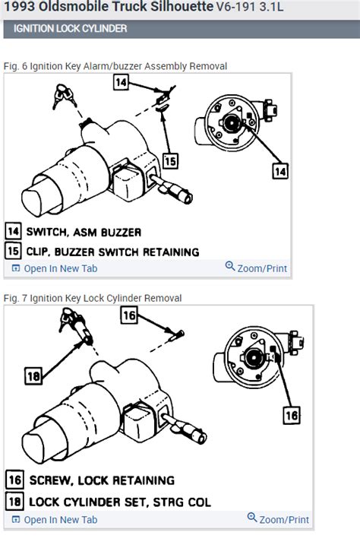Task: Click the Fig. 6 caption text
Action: click(x=115, y=66)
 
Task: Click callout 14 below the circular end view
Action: click(x=280, y=172)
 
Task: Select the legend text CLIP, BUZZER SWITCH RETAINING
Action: click(x=112, y=251)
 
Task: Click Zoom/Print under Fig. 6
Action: click(x=257, y=267)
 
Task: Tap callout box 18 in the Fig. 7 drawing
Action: click(x=33, y=374)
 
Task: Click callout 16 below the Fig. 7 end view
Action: click(x=292, y=415)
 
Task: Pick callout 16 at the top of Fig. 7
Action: click(x=130, y=315)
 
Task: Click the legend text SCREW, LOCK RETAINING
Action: click(x=101, y=480)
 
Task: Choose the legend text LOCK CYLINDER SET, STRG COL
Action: click(x=119, y=502)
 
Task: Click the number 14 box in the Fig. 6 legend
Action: click(x=14, y=231)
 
